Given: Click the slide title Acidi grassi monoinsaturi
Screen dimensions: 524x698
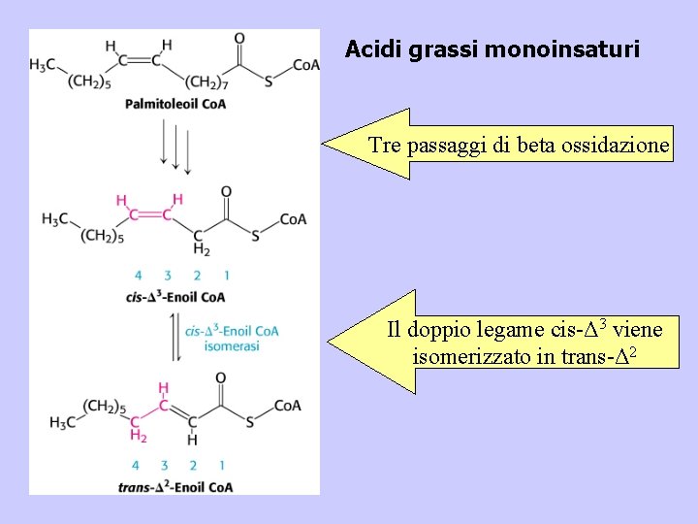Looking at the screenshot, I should (492, 49).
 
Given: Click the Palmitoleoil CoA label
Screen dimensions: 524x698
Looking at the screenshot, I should (175, 104).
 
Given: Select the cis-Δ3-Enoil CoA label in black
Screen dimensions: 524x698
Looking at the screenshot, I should (175, 296).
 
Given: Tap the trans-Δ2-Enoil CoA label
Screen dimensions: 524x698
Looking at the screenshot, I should (174, 486).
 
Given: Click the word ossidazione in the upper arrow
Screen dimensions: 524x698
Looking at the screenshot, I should (621, 147).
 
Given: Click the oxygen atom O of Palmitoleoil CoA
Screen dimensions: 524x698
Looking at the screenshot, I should (238, 39).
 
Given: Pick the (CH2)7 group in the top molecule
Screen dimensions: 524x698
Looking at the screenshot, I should (206, 82).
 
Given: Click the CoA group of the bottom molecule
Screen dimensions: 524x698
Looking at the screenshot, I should (287, 405).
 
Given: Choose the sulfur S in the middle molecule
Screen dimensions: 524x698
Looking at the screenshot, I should (254, 234).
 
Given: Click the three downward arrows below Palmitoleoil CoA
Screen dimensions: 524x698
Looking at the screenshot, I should (175, 147).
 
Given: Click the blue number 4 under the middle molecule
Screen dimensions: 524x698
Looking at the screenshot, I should (138, 275).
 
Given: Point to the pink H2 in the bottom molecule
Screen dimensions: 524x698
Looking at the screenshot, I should (138, 436).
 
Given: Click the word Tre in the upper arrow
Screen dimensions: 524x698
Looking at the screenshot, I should (385, 147).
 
